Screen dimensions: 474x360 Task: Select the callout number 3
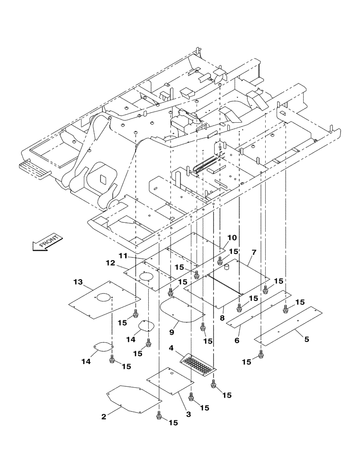click(x=188, y=414)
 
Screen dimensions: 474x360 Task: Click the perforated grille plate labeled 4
click(x=198, y=364)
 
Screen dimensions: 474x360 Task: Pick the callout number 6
click(x=237, y=340)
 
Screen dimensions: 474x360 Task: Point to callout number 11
click(x=123, y=256)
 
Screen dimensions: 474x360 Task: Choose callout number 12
click(x=110, y=263)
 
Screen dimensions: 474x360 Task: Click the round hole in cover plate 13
click(x=104, y=298)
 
